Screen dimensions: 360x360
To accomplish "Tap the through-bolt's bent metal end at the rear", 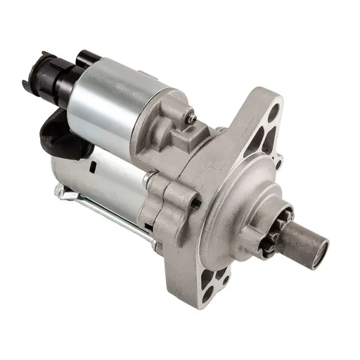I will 59,192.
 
